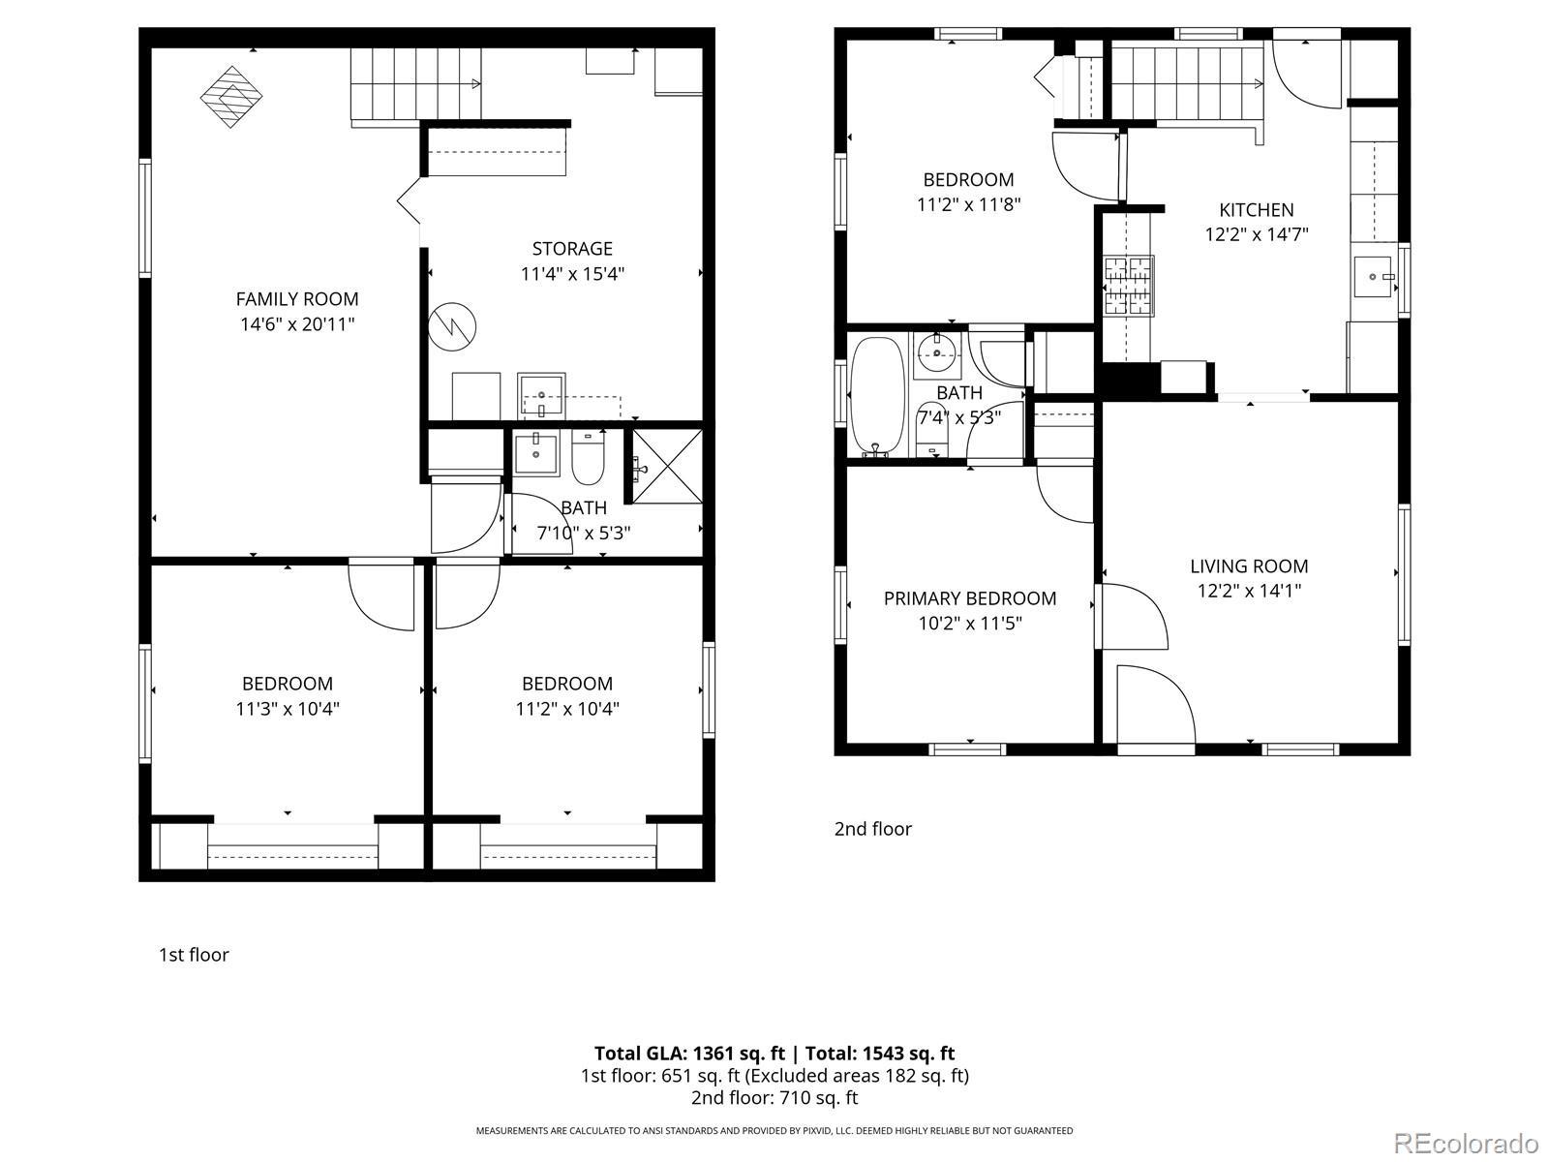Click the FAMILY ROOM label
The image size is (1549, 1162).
(297, 299)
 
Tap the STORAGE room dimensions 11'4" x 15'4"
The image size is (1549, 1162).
(572, 274)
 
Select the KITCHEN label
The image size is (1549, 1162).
(1256, 209)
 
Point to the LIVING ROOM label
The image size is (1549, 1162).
(1249, 566)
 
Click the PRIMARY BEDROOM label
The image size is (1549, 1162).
(970, 598)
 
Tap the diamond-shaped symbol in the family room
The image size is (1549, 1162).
(230, 97)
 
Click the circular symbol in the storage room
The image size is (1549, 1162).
(452, 326)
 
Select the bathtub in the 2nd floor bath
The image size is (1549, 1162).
(877, 396)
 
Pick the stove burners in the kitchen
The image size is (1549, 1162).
(1130, 286)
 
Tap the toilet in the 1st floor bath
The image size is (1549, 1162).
(588, 458)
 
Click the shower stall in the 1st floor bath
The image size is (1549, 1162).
(667, 467)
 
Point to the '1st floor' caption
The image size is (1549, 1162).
(194, 955)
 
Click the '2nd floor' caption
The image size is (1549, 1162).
(873, 828)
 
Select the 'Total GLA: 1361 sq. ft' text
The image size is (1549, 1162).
(689, 1054)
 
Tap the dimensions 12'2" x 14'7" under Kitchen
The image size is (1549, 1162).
(1256, 234)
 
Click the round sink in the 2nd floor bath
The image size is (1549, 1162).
(938, 352)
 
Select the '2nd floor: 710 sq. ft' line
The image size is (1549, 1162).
(774, 1097)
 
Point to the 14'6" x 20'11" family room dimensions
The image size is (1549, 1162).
(297, 324)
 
